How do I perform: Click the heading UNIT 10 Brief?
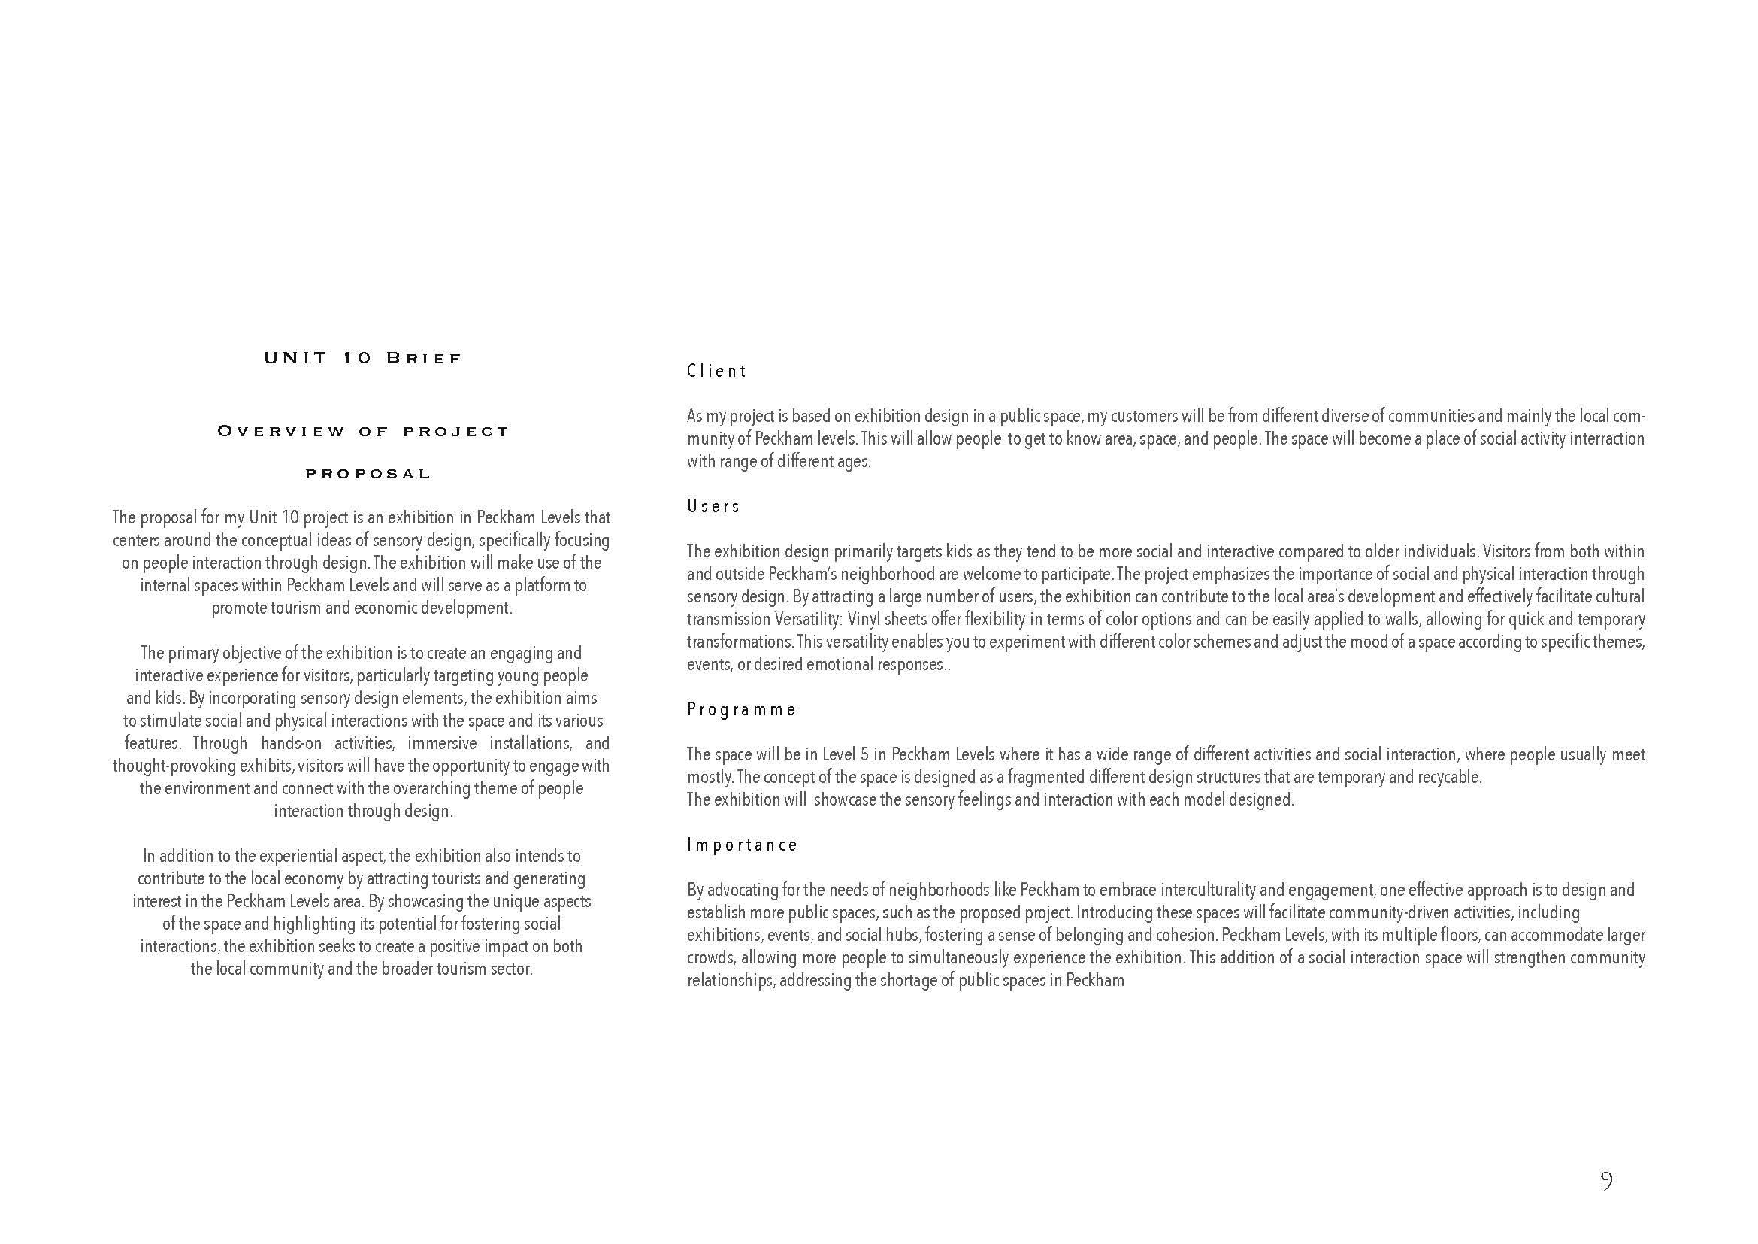point(362,358)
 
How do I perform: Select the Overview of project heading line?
point(362,431)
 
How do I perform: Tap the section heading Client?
point(717,372)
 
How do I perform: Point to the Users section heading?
point(713,506)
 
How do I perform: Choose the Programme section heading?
point(741,709)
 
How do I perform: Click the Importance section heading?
point(742,845)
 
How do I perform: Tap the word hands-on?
point(292,743)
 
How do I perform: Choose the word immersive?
point(442,743)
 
